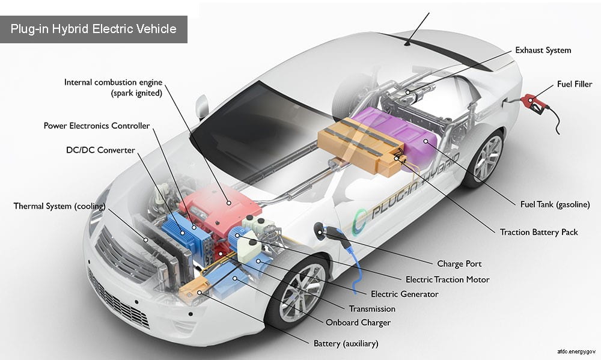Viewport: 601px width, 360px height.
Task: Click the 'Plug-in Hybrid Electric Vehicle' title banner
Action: (x=93, y=29)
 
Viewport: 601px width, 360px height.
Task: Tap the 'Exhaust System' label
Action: (x=543, y=50)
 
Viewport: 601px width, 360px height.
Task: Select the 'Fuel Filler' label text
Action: (x=574, y=85)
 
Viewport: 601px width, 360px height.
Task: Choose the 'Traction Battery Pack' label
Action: (x=538, y=232)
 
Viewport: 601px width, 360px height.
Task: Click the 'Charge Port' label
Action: (x=459, y=264)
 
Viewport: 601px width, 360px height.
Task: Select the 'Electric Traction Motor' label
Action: (x=447, y=279)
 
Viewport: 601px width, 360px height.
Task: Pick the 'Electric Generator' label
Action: (x=404, y=294)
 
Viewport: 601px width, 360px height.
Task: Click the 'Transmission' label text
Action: (x=372, y=309)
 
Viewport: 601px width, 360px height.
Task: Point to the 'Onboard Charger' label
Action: (x=358, y=323)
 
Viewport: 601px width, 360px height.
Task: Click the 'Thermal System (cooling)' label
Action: (x=59, y=207)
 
